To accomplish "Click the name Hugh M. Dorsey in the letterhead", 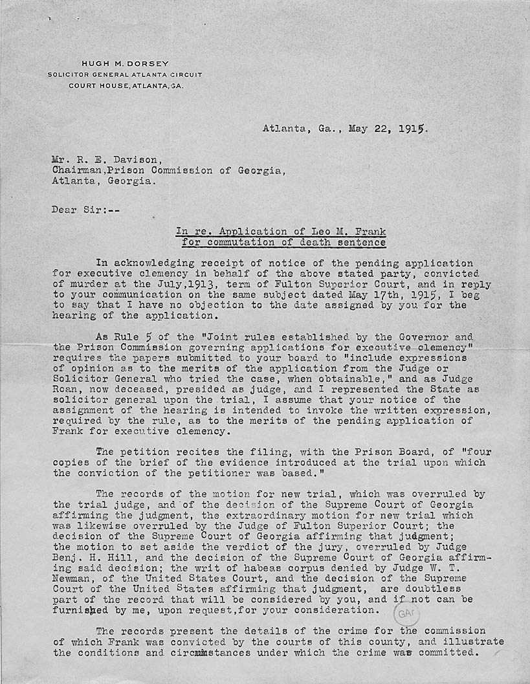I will pyautogui.click(x=125, y=63).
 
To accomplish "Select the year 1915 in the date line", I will pyautogui.click(x=412, y=128).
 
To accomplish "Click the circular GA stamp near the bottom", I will pyautogui.click(x=406, y=612).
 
